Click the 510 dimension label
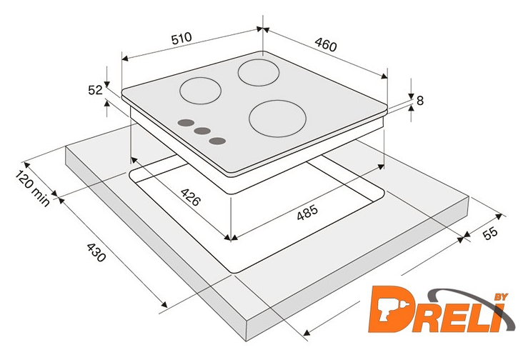(x=181, y=38)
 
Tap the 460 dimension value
(x=326, y=44)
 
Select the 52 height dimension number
(x=95, y=90)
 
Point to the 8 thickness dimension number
(x=420, y=100)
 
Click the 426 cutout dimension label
(x=191, y=196)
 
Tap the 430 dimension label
(x=96, y=252)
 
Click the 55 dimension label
(x=490, y=233)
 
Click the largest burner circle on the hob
(x=277, y=119)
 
